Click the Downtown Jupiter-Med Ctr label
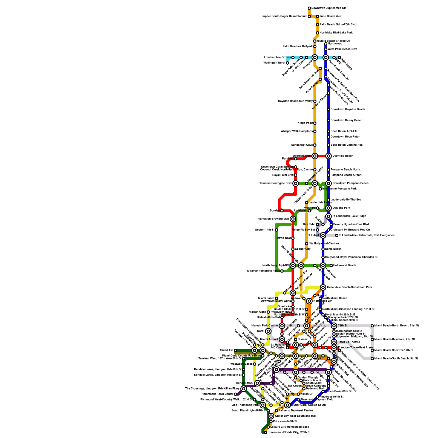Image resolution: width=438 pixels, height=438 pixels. click(x=328, y=8)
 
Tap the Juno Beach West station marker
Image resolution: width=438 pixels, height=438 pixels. click(x=318, y=16)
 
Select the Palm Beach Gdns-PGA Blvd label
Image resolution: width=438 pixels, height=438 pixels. click(x=338, y=25)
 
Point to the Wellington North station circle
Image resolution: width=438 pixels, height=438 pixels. click(x=287, y=63)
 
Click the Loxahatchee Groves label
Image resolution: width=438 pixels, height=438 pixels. click(x=277, y=57)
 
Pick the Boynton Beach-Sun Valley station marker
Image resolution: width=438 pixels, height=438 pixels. click(x=315, y=101)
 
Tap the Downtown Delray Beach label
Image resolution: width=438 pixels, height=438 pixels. click(x=346, y=120)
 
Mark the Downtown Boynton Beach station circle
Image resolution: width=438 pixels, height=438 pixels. click(x=328, y=109)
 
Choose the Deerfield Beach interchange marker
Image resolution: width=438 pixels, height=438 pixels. click(x=328, y=156)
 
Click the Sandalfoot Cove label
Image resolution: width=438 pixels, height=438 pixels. click(x=302, y=145)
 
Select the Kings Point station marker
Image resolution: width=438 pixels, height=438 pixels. click(x=315, y=123)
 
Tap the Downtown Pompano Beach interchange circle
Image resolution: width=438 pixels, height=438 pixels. click(x=328, y=183)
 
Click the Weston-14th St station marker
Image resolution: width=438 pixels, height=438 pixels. click(x=276, y=230)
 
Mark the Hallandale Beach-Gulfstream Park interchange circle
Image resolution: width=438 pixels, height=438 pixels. click(x=323, y=287)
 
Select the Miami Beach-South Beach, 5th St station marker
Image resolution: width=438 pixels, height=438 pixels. click(x=372, y=359)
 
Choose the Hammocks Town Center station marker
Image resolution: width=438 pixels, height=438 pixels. click(x=235, y=394)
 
